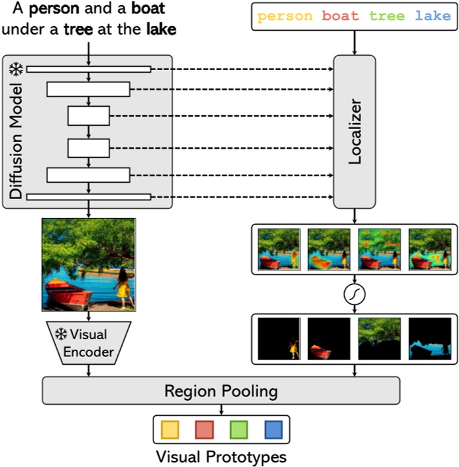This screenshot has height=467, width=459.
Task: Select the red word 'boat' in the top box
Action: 340,16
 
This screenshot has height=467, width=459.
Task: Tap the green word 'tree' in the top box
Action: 387,16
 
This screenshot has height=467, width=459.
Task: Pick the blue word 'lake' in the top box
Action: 433,16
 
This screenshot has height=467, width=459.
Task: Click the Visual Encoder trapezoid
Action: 89,343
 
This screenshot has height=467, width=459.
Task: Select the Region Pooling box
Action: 220,391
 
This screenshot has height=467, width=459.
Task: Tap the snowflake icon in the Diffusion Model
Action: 14,69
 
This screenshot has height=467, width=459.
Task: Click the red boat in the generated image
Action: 69,293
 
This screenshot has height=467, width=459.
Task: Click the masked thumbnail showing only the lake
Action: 429,339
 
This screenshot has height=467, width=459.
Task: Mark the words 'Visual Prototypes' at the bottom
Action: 220,455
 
